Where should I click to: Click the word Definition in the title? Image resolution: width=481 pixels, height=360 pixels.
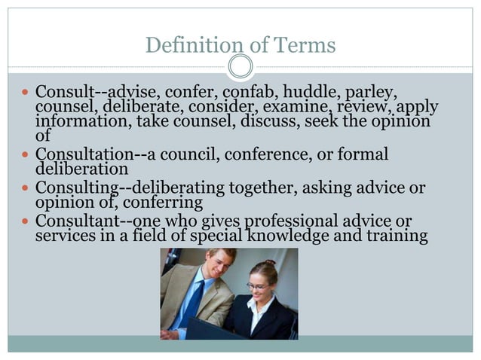(x=188, y=46)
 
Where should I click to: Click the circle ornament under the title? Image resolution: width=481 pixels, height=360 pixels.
(x=240, y=66)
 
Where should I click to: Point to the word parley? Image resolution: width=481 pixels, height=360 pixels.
(x=370, y=93)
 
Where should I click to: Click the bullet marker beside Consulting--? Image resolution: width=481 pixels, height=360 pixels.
(x=25, y=188)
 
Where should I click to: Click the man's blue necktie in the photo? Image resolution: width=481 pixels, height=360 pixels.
(x=189, y=301)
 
